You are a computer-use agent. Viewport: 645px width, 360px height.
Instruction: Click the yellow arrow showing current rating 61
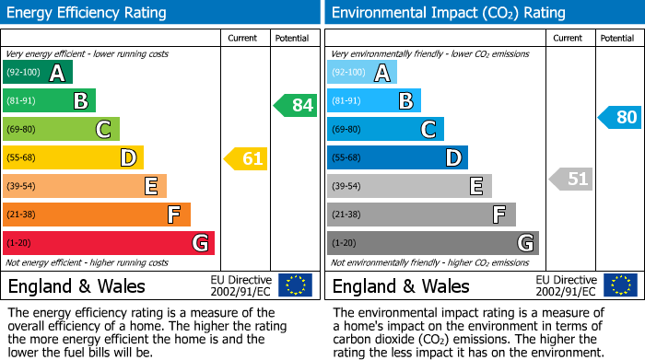point(246,158)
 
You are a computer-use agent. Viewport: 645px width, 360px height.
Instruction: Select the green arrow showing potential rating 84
point(296,105)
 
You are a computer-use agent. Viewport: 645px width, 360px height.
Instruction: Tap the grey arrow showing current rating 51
point(571,179)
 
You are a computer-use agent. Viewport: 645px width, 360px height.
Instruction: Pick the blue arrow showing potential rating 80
point(620,117)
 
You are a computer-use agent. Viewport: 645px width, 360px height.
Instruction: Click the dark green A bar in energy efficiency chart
point(38,73)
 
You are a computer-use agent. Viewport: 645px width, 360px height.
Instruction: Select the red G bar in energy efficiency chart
point(109,243)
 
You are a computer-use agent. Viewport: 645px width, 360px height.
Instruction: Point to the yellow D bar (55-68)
point(73,158)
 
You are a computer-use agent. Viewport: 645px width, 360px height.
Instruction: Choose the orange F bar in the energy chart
point(97,215)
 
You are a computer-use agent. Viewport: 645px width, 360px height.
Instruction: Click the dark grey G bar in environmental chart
point(432,243)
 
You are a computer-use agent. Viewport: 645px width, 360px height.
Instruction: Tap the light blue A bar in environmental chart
point(362,73)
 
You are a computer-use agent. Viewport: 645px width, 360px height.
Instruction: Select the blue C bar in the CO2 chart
point(385,130)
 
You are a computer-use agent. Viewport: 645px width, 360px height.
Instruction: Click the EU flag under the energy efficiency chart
point(295,285)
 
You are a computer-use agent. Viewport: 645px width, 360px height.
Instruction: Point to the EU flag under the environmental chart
point(620,285)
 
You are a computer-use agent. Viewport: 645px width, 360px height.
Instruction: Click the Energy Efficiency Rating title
point(88,13)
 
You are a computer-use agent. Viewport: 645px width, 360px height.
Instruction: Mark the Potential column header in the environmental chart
point(616,38)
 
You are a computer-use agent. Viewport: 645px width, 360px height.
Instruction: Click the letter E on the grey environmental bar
point(475,186)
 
